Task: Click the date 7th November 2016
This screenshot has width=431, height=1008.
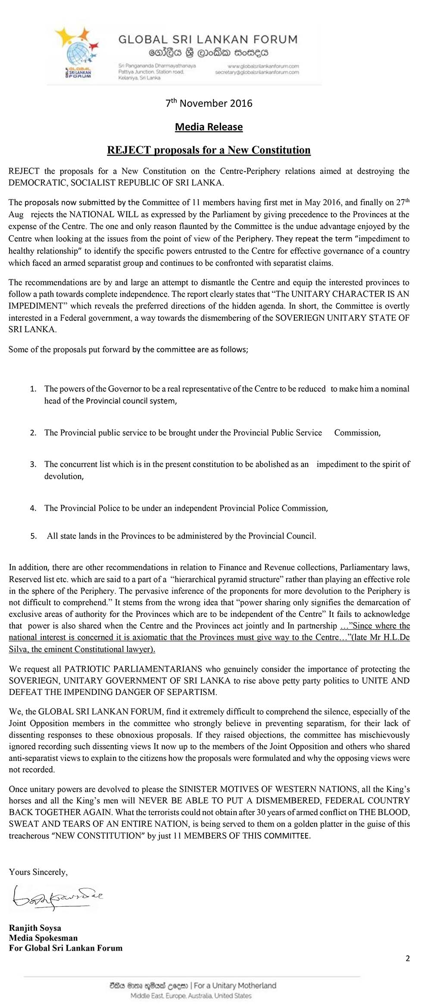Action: tap(209, 103)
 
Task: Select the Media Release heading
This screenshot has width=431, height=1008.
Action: tap(209, 127)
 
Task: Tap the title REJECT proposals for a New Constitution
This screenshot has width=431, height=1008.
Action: tap(209, 150)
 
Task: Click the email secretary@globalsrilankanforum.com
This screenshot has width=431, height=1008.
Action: tap(257, 73)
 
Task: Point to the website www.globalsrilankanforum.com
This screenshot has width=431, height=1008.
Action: tap(263, 66)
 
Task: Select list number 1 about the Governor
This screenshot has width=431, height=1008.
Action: tap(33, 389)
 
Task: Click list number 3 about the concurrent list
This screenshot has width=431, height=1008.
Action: tap(33, 464)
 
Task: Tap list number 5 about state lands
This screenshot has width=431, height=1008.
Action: tap(33, 536)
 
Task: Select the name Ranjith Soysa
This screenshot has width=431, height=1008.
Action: tap(35, 928)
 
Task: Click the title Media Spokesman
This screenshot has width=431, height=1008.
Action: tap(43, 938)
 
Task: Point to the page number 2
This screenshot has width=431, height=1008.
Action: tap(407, 958)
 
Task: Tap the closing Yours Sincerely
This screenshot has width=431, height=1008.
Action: tap(38, 872)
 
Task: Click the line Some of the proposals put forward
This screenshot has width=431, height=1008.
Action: tap(128, 350)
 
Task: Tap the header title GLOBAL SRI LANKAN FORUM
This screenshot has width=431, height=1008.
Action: tap(208, 40)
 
